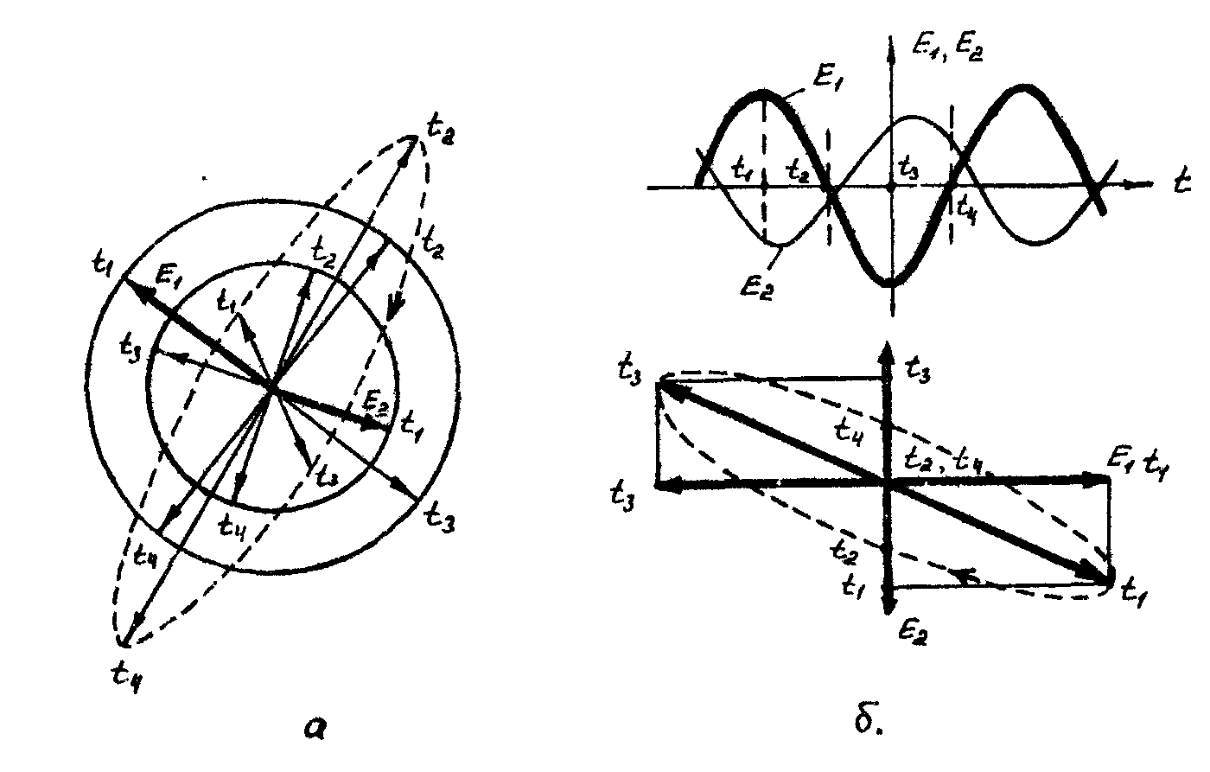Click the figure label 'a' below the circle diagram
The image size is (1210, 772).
316,730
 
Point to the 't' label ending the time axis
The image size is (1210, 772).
1181,182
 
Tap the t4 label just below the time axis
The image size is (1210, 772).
965,206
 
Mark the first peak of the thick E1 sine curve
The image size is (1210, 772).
764,92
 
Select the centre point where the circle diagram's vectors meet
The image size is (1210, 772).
273,391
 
